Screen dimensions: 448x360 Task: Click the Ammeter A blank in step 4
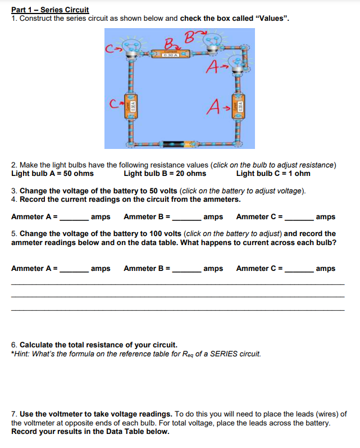[74, 217]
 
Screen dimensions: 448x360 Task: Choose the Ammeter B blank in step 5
[186, 269]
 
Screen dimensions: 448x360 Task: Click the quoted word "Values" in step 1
[271, 19]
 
